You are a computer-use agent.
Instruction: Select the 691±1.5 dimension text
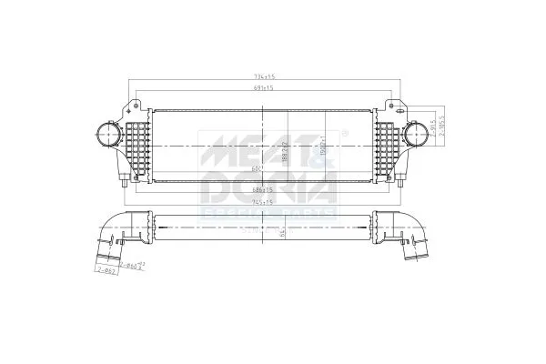pyautogui.click(x=265, y=88)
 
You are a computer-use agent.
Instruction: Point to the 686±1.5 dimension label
pyautogui.click(x=265, y=188)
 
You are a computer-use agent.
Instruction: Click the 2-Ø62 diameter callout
pyautogui.click(x=107, y=270)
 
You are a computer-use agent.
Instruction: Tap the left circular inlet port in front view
pyautogui.click(x=102, y=136)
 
